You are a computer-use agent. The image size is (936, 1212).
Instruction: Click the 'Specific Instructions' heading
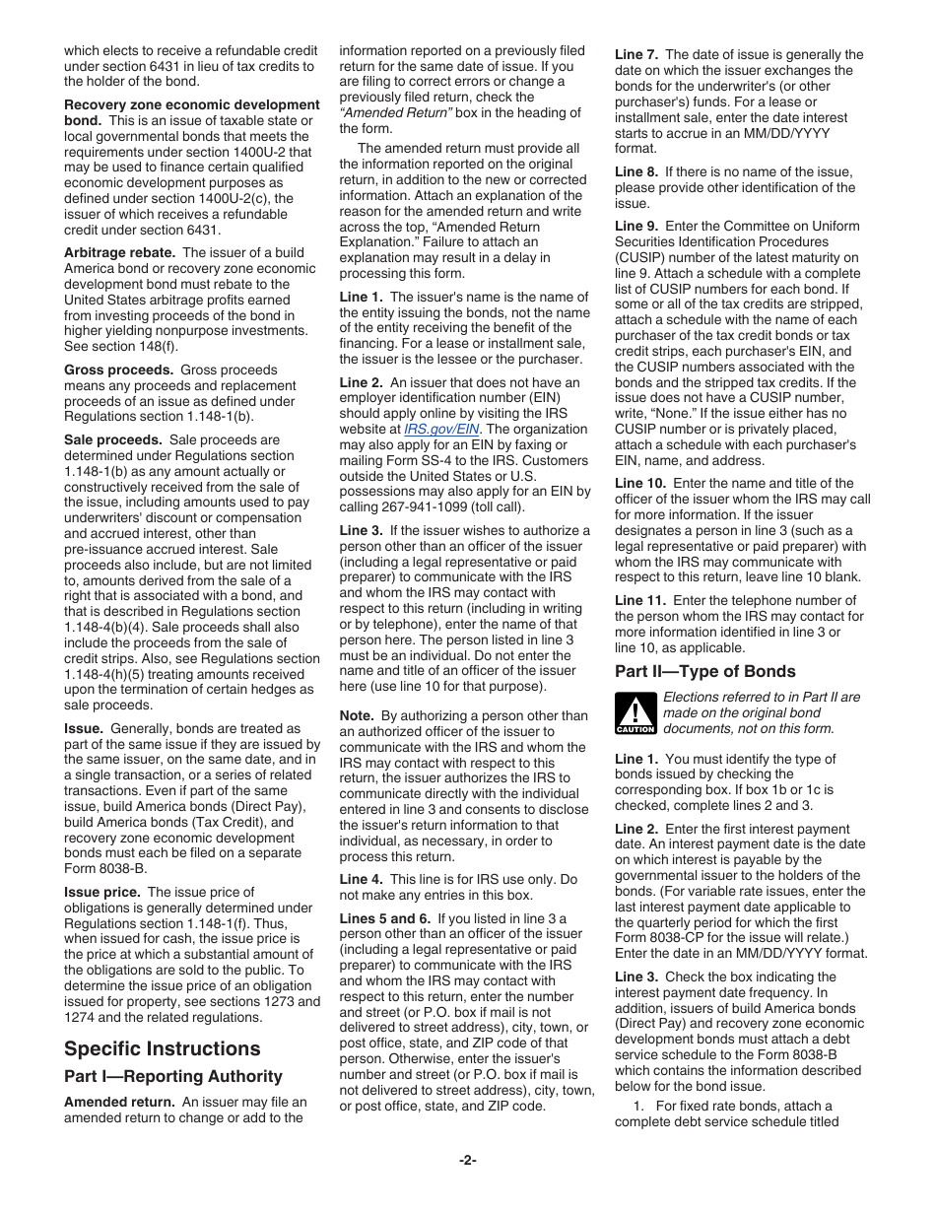(163, 1048)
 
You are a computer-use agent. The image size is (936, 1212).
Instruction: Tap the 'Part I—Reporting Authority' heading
(173, 1076)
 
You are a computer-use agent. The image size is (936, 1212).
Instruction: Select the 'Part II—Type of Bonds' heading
(704, 671)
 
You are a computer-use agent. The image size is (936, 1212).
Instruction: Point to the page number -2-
(467, 1161)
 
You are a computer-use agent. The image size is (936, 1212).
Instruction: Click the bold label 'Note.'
(357, 715)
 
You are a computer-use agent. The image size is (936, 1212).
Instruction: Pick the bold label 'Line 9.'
(636, 227)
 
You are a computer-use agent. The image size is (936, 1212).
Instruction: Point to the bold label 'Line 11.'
(640, 601)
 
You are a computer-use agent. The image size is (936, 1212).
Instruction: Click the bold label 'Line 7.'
(636, 55)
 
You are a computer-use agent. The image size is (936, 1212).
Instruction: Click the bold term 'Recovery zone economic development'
(192, 104)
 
